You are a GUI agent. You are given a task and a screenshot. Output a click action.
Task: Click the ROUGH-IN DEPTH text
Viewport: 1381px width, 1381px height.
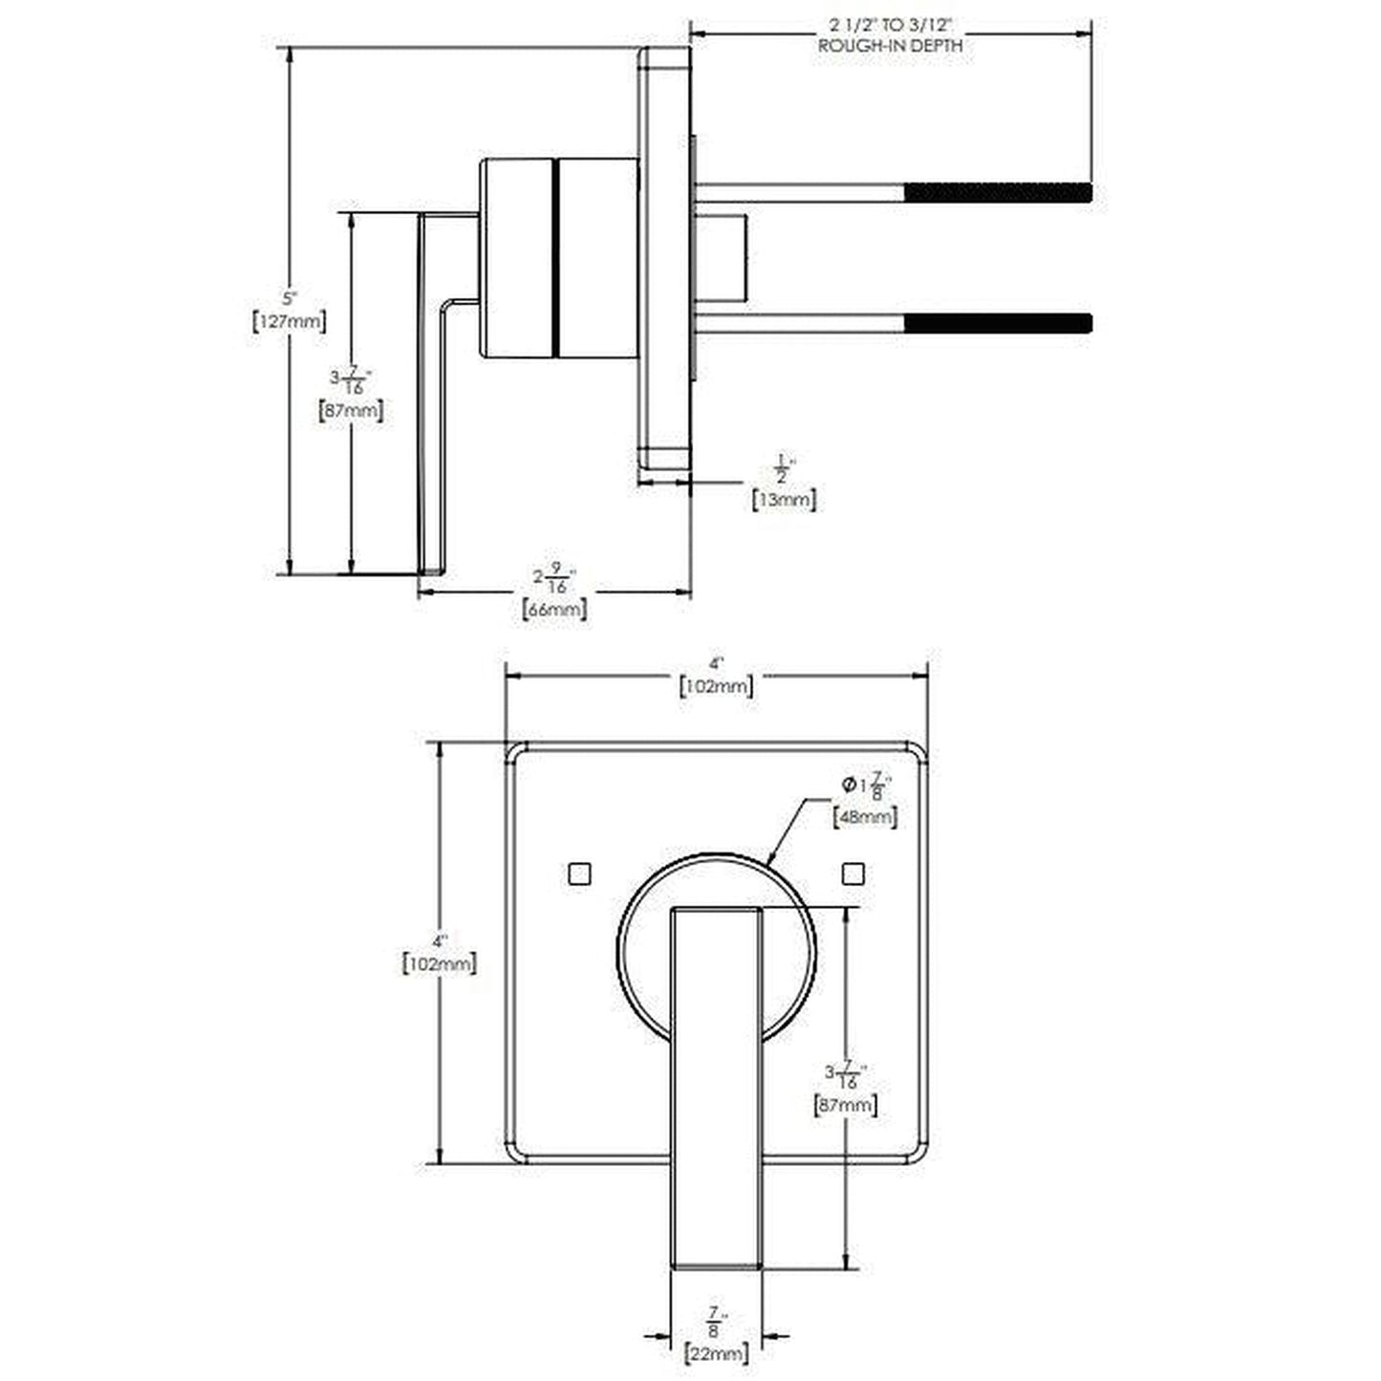[x=890, y=45]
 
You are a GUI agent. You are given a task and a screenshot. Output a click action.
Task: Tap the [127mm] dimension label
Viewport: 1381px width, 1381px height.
[x=289, y=322]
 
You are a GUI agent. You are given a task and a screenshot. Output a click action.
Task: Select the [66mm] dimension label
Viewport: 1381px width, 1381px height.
[x=554, y=609]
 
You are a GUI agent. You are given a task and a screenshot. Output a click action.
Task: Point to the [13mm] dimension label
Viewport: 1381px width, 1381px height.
[x=784, y=499]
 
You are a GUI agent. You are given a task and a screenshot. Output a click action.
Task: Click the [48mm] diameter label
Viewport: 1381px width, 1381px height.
[x=865, y=816]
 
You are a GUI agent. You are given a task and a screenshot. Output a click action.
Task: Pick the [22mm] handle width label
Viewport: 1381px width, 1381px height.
[x=717, y=1352]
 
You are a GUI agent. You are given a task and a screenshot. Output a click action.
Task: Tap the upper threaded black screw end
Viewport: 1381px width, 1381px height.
[x=997, y=192]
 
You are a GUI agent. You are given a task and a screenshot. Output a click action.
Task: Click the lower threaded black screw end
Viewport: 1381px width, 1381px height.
[x=997, y=323]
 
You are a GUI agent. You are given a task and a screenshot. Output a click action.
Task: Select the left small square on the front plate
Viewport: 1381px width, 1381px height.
[x=579, y=873]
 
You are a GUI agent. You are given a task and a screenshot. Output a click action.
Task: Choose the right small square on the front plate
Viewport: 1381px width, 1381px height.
[x=853, y=873]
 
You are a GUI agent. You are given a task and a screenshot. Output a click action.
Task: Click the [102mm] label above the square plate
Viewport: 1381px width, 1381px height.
[x=717, y=686]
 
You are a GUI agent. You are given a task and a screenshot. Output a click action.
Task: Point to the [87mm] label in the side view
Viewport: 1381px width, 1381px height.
[x=350, y=412]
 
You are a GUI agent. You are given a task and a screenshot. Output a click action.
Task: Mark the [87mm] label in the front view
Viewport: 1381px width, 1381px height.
[x=846, y=1106]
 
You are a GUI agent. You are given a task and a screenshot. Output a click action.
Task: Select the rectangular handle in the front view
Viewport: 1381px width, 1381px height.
[x=717, y=1051]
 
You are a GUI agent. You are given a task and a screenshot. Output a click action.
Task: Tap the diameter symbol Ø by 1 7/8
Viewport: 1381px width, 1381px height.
[x=848, y=786]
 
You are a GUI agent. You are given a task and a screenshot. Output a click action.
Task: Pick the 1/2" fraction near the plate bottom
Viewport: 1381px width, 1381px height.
[x=783, y=469]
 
